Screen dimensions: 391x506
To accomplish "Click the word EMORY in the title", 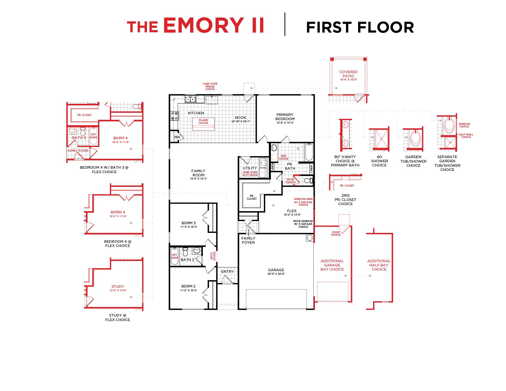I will point(204,25).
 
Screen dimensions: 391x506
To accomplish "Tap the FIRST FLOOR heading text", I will point(360,27).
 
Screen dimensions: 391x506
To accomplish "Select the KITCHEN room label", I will point(196,113).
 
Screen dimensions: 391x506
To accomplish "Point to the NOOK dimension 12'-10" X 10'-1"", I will point(241,121).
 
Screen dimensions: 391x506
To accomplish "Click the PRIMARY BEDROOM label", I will point(285,117).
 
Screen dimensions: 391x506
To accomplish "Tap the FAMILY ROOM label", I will point(198,173).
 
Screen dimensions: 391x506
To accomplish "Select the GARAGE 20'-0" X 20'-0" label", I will point(276,272).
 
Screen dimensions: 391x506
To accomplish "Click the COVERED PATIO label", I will point(348,74).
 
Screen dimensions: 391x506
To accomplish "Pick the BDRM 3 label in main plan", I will point(188,223).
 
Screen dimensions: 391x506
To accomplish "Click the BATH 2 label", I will point(187,260).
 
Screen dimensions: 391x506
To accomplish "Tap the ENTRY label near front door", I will point(227,272).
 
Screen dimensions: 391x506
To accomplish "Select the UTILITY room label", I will point(250,168).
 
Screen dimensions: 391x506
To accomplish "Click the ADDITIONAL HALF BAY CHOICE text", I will point(379,265).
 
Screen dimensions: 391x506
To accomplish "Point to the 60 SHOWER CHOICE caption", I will point(379,161).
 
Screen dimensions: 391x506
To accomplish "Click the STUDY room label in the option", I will point(118,287).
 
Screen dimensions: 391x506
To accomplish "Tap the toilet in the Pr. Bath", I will point(308,181).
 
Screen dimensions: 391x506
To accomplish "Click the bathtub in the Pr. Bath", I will point(309,153).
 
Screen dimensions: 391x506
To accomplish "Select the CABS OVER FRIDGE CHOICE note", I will point(210,87).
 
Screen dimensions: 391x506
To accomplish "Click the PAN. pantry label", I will point(177,137).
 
